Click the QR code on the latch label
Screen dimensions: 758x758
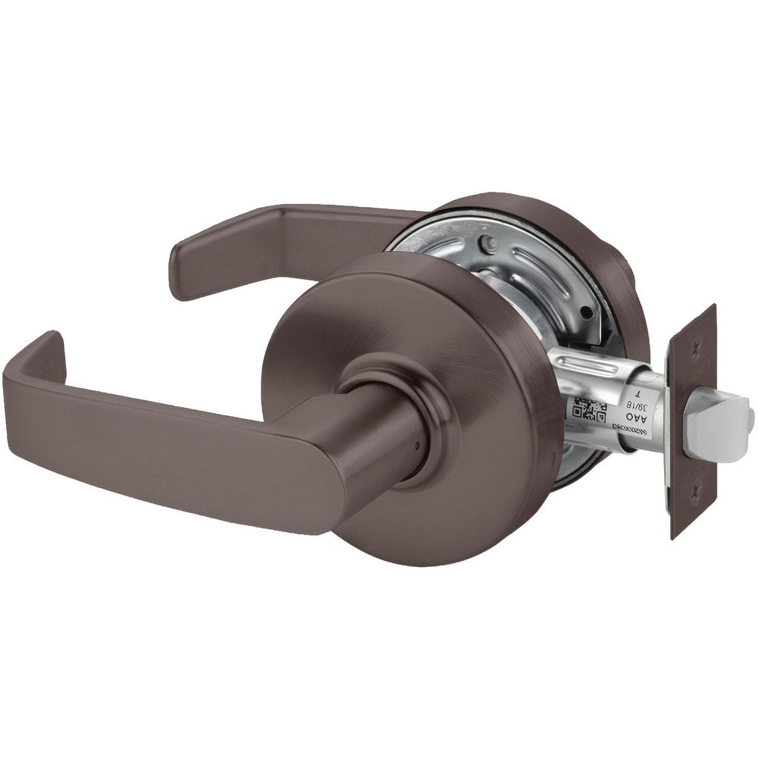coord(590,410)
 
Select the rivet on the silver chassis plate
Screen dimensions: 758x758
coord(490,245)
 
